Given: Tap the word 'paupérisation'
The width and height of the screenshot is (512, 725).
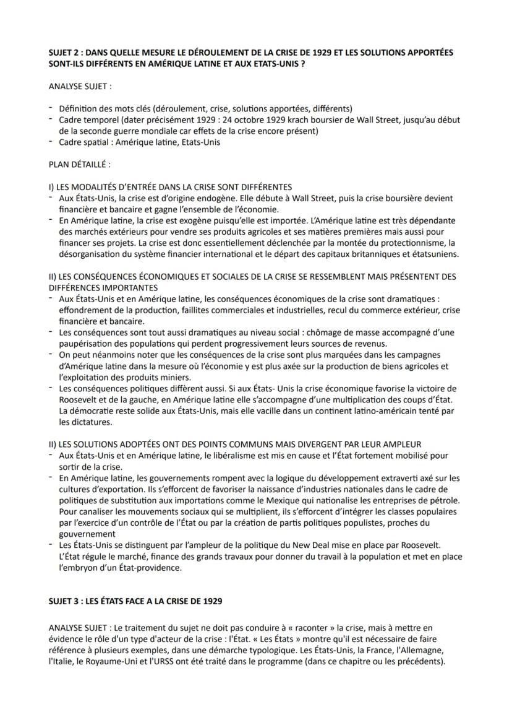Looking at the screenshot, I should coord(85,344).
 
